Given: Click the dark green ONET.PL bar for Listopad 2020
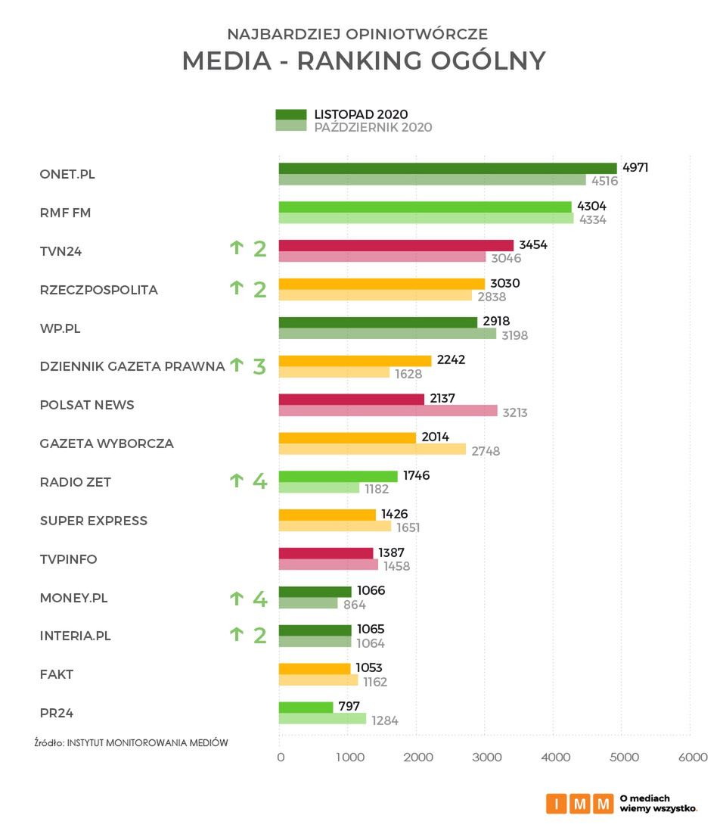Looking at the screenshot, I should coord(448,168).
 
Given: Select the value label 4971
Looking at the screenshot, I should coord(635,168).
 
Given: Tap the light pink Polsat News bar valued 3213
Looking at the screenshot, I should coord(388,411).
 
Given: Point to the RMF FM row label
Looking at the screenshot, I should coord(65,213).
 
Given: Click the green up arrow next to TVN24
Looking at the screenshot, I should coord(236,247).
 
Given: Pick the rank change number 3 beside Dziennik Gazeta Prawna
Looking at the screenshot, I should coord(259,367).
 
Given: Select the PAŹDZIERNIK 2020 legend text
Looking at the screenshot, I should coord(373,127).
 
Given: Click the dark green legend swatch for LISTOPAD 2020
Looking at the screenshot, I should coord(290,114).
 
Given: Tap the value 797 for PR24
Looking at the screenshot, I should coord(349,707).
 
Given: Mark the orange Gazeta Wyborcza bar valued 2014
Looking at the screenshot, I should coord(347,437).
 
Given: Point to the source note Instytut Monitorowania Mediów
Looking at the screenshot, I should coord(131,743).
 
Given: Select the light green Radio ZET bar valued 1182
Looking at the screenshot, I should coord(319,488).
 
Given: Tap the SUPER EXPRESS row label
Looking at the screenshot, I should coord(94,521).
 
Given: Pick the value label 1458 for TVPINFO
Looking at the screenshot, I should coord(397,565).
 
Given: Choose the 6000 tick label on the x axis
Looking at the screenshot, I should coord(692,758).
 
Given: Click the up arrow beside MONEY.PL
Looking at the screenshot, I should coord(236,599).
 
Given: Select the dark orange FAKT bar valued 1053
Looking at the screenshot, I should coord(315,668).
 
